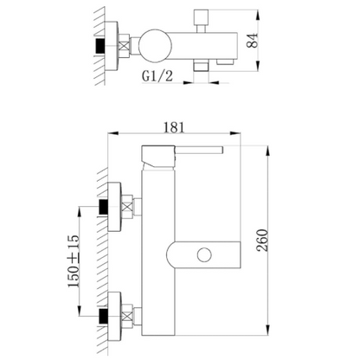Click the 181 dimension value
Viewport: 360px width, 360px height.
pos(174,127)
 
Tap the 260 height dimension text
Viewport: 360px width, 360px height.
pos(262,241)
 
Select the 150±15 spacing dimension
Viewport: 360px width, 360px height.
pos(74,261)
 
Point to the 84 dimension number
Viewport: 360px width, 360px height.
pos(252,41)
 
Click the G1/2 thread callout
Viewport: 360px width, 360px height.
pos(157,76)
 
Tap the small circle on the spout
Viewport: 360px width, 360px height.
pos(204,255)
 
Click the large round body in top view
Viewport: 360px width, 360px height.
pos(155,46)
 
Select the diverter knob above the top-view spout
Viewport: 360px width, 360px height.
pos(202,18)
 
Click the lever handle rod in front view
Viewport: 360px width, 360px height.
pos(199,150)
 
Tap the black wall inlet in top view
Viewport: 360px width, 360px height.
pos(100,46)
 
